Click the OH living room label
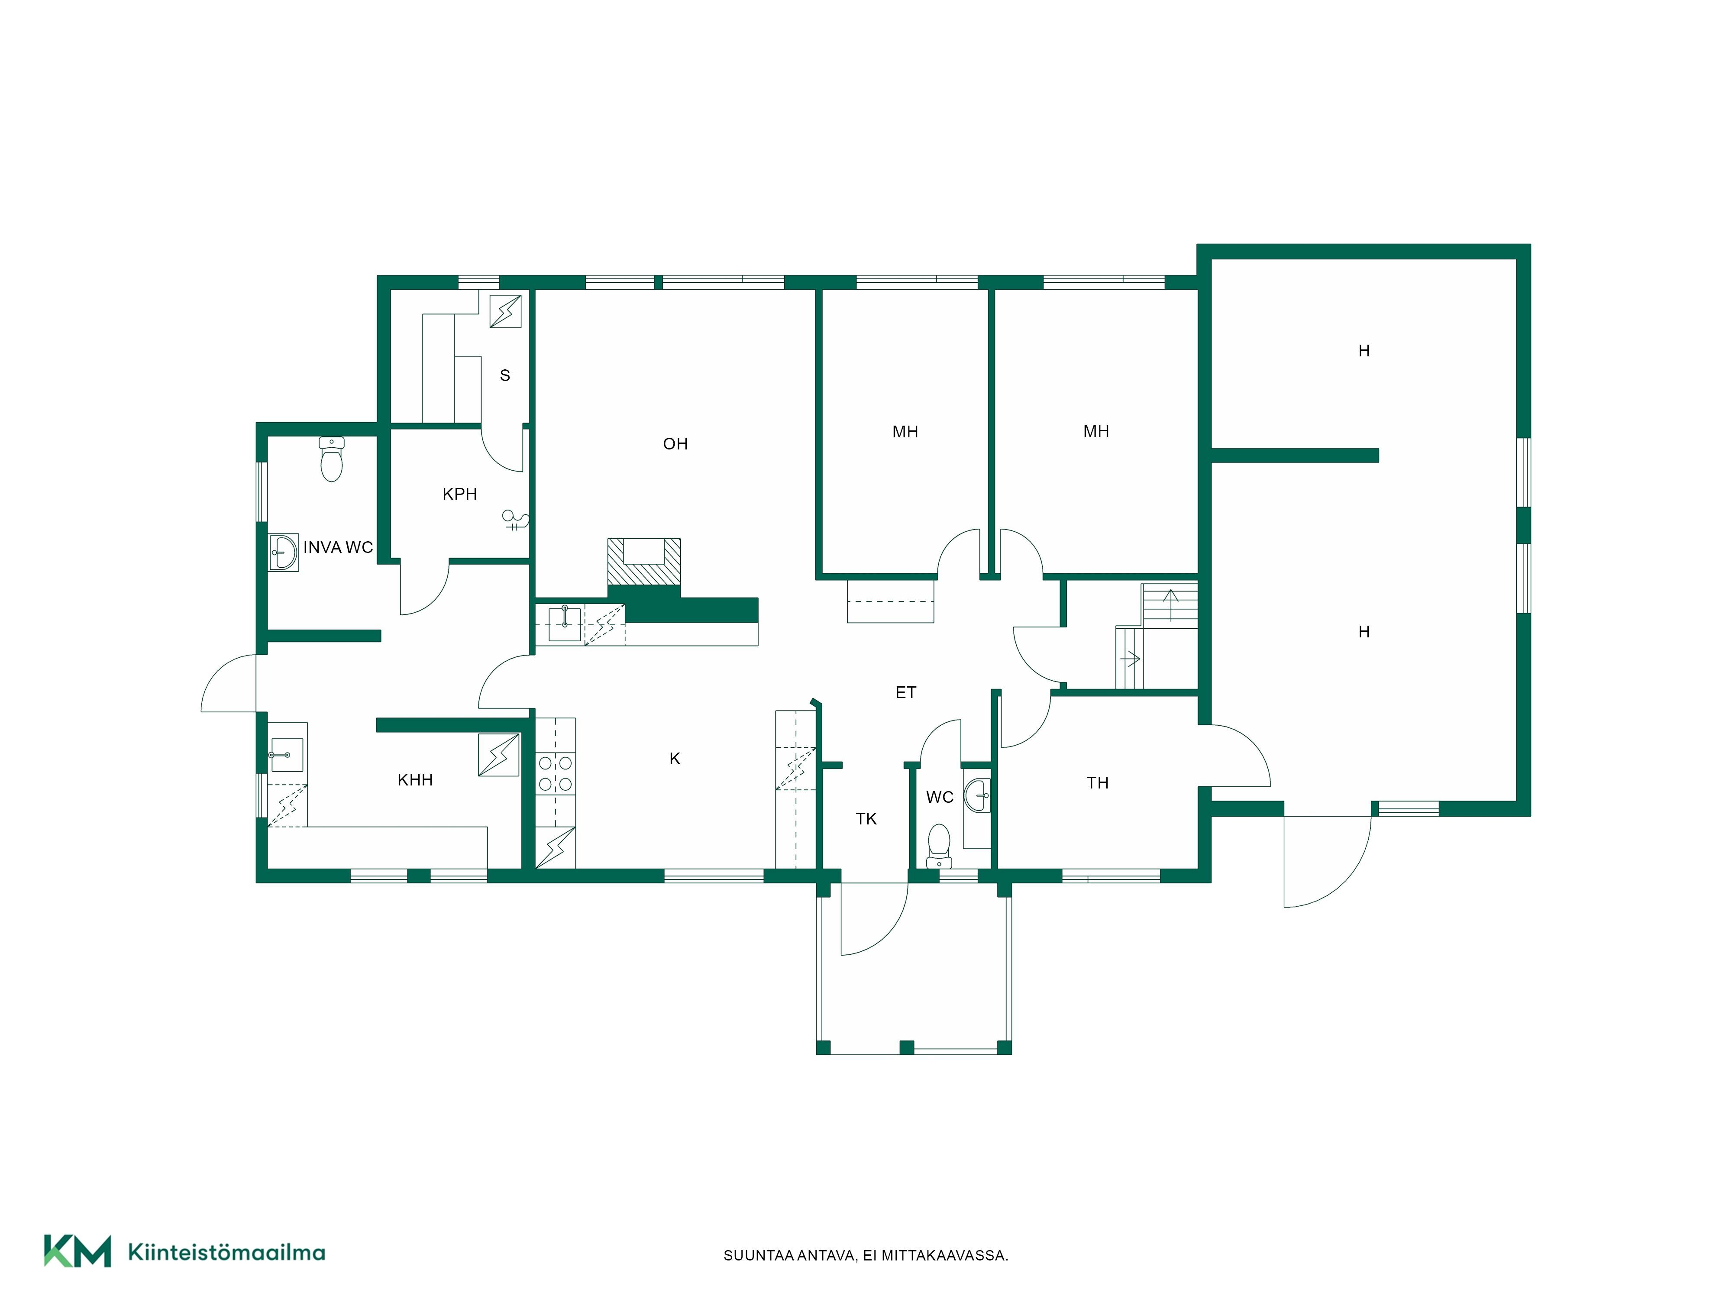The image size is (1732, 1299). (675, 444)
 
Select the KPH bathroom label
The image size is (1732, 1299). (459, 494)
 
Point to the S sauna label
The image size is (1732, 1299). (505, 376)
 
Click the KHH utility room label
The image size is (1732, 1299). (415, 780)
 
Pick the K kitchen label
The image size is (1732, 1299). (675, 759)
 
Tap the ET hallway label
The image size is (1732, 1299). (906, 692)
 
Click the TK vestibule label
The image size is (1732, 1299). (866, 819)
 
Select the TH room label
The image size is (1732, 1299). (1098, 783)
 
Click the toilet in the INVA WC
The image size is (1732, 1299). (332, 459)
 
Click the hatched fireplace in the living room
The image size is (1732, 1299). (643, 562)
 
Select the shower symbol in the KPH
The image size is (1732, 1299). (516, 521)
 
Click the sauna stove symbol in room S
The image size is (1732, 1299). (505, 311)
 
